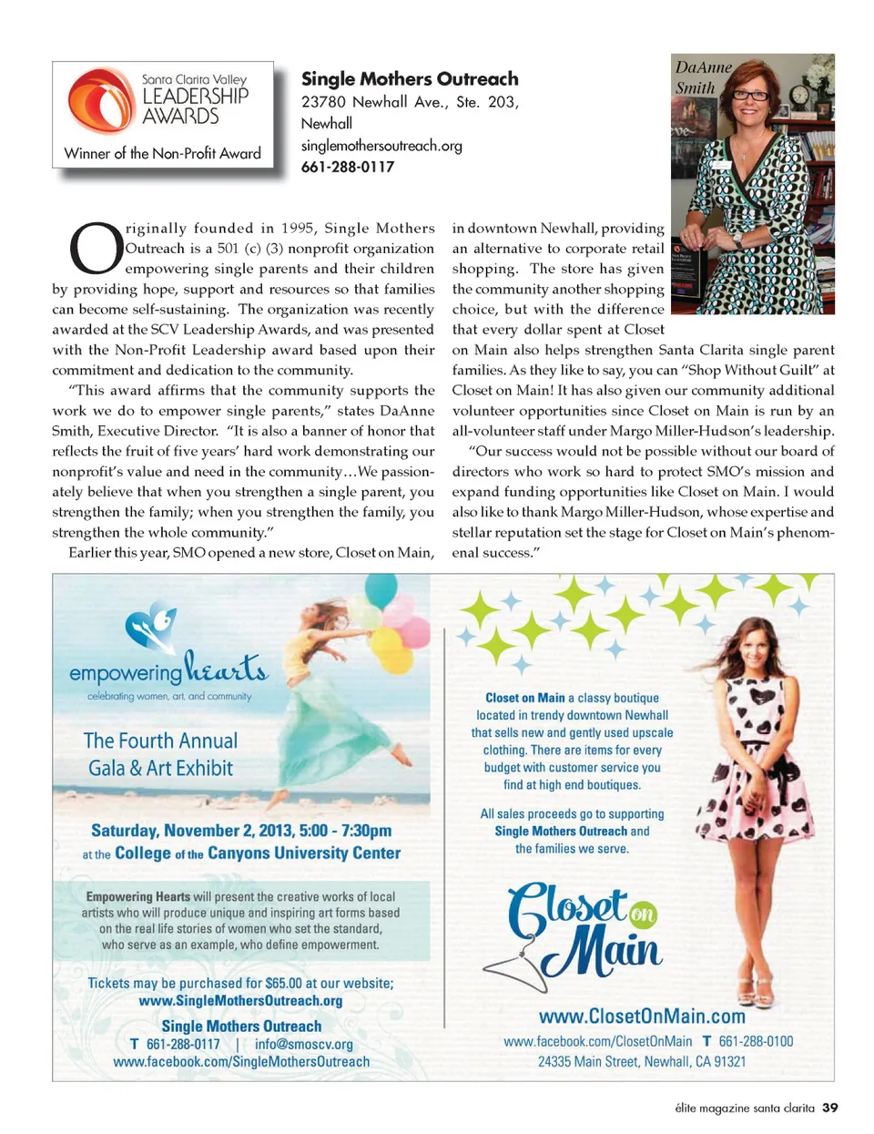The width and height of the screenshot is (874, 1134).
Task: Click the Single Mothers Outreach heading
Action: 410,79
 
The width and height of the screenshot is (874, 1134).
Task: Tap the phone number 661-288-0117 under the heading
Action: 348,167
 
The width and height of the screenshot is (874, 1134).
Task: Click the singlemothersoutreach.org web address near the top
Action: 381,145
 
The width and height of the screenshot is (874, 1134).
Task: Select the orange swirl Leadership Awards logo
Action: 101,101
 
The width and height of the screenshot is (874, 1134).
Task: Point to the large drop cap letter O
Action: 96,247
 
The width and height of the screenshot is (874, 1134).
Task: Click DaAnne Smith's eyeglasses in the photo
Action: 750,95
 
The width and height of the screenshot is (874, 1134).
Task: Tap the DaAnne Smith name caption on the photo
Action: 702,77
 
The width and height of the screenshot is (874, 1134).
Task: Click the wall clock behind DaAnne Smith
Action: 799,96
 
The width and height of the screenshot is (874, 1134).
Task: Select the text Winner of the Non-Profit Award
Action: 163,153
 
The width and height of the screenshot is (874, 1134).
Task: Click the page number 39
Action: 829,1108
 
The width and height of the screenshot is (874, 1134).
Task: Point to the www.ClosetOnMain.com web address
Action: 642,1016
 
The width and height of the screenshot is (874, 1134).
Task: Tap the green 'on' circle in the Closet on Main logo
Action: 643,914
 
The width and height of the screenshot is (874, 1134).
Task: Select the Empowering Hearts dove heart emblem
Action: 150,627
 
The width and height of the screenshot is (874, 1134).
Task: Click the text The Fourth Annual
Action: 160,741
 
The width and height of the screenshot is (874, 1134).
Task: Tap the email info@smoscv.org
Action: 304,1044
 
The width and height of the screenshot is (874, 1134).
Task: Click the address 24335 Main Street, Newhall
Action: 642,1061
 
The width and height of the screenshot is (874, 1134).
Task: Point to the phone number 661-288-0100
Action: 756,1041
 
